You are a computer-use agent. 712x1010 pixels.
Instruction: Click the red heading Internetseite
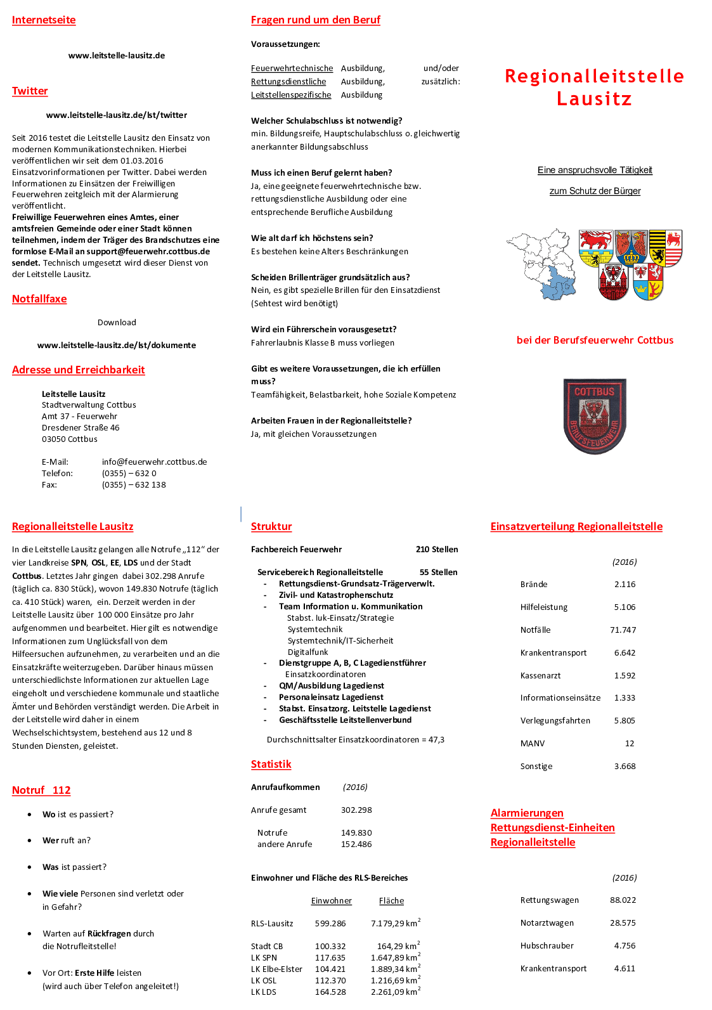44,20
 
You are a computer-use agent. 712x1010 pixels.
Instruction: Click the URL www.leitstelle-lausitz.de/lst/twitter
117,115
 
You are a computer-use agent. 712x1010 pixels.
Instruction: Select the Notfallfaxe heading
39,299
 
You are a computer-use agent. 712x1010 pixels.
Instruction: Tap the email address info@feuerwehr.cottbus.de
154,462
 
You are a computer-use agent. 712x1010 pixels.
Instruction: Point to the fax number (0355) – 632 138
134,485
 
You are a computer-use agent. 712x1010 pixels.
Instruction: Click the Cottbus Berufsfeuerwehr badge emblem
595,416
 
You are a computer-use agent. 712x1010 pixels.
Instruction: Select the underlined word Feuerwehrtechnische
292,68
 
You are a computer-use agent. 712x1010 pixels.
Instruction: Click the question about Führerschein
323,330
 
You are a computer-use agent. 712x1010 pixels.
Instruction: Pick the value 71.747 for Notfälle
623,630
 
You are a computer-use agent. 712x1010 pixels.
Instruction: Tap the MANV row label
533,744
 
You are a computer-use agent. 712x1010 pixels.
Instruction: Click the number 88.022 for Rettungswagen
623,900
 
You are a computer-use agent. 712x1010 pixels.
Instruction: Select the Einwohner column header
331,901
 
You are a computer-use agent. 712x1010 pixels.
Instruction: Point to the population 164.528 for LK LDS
330,992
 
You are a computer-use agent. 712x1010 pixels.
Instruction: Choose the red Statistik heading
271,765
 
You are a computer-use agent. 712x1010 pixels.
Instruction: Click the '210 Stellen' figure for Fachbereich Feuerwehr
437,550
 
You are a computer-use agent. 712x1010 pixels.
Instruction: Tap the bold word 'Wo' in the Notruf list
49,815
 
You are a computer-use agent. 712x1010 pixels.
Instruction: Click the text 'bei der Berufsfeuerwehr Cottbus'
595,340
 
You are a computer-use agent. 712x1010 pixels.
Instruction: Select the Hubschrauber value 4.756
625,946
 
